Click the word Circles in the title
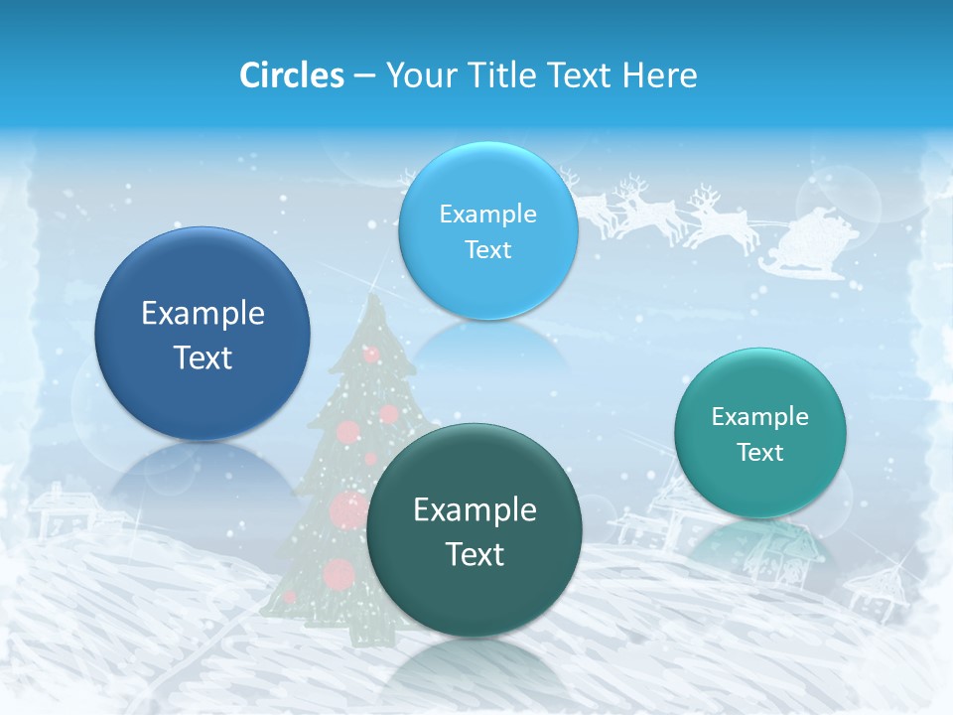pos(291,75)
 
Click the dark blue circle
pos(203,334)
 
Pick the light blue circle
pos(487,230)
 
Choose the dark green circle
pos(475,529)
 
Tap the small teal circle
pos(760,433)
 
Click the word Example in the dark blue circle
pos(203,314)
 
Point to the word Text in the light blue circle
pos(487,250)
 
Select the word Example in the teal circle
pos(760,416)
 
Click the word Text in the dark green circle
pos(475,554)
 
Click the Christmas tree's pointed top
pos(371,298)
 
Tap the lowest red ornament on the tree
pos(340,574)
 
